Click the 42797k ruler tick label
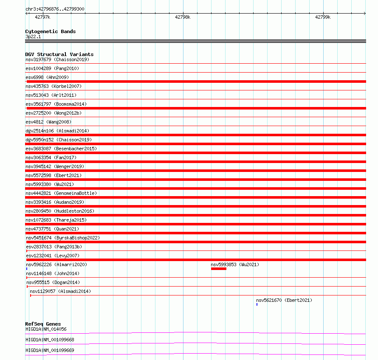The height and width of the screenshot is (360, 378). point(42,17)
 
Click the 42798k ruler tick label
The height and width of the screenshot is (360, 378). point(183,17)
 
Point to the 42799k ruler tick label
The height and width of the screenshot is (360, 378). point(322,17)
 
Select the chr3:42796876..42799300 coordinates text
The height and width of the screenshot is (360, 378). point(55,9)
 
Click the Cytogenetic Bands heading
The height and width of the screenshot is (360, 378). point(50,31)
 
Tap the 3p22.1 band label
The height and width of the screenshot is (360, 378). point(33,37)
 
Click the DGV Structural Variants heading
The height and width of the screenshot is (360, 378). point(59,54)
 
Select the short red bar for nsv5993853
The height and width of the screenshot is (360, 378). point(219,269)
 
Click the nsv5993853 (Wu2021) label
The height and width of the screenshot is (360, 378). point(235,264)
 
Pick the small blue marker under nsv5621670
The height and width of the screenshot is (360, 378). point(257,304)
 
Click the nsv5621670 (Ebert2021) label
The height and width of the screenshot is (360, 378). point(284,300)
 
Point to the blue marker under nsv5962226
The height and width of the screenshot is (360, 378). point(27,269)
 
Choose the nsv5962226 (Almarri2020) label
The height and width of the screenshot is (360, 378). point(56,264)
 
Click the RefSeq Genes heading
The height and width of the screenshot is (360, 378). point(43,324)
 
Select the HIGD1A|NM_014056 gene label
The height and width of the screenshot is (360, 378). point(46,329)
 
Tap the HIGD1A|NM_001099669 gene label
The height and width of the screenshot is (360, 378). point(50,350)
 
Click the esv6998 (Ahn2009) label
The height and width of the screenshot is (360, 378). point(47,77)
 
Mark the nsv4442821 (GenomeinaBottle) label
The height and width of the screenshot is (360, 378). point(61,193)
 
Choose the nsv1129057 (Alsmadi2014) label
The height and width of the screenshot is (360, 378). point(60,291)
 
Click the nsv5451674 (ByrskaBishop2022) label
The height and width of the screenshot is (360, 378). point(62,238)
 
